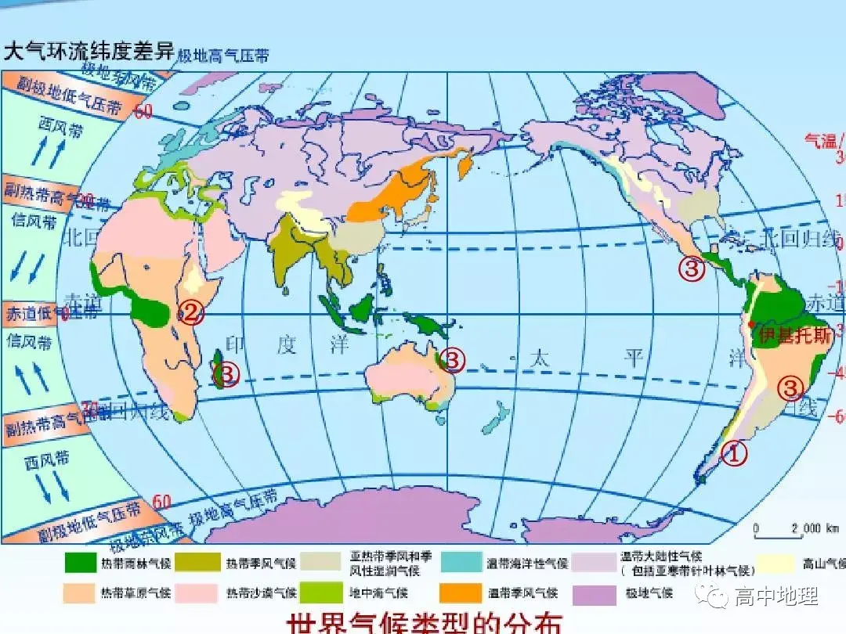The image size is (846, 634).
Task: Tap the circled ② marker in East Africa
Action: (x=191, y=314)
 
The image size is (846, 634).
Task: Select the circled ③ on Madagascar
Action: (x=226, y=374)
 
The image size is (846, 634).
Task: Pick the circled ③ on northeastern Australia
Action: (x=453, y=360)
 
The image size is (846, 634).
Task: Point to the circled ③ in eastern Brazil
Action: (x=790, y=387)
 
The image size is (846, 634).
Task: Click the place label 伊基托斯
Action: (x=793, y=336)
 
